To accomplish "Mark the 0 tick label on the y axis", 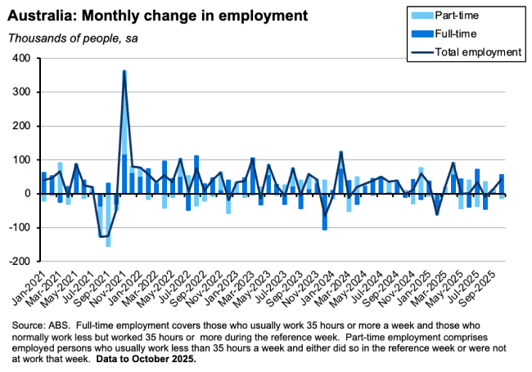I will (x=25, y=194).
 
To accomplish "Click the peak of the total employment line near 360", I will (x=124, y=71).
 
